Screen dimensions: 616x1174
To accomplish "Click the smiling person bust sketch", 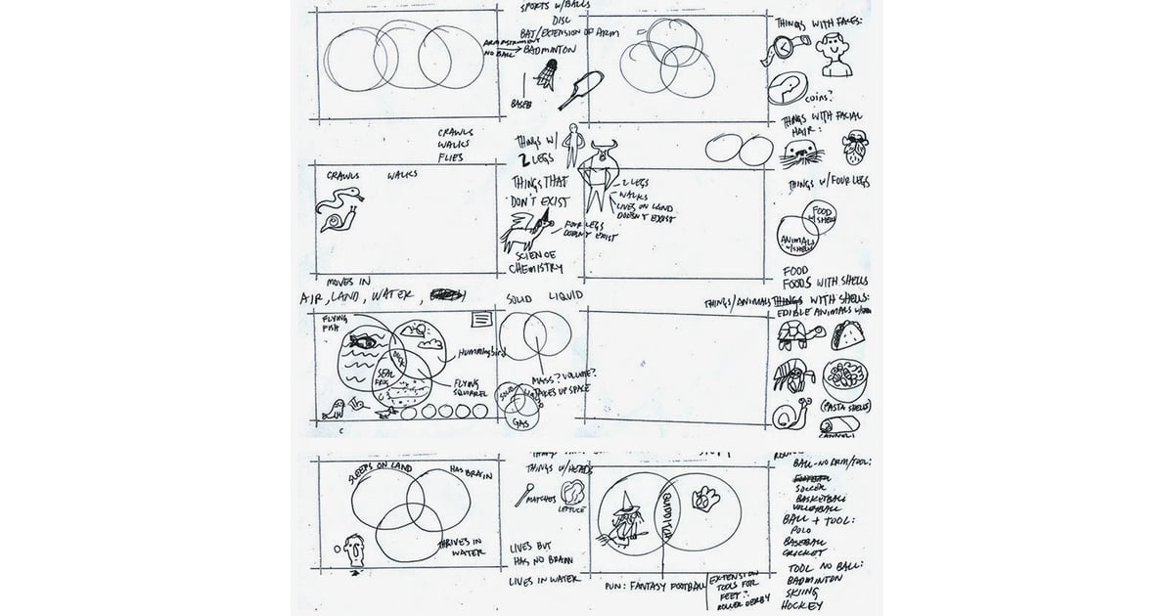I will (x=834, y=53).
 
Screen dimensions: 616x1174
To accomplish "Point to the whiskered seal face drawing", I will (x=799, y=152).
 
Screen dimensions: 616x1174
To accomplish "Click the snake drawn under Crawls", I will (x=343, y=203).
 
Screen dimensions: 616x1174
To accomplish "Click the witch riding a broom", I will (x=623, y=517).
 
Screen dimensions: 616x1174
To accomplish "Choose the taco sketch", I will (x=842, y=336).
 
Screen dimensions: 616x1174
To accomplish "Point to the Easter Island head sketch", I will (x=354, y=555).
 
